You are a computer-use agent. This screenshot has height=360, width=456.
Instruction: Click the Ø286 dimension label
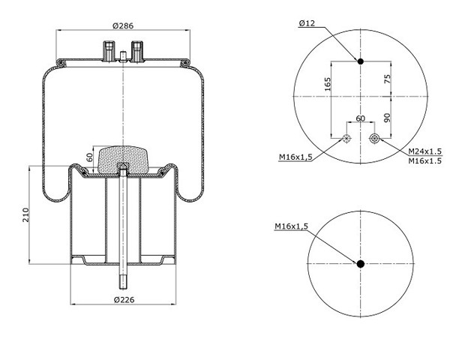tap(123, 26)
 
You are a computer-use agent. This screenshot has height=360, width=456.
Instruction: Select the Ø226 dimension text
tap(124, 299)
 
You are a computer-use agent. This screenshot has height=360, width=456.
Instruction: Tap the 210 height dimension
tap(26, 215)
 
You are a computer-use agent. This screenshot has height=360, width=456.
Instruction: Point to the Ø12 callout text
tap(307, 23)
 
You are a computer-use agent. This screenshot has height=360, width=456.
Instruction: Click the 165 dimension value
tap(328, 84)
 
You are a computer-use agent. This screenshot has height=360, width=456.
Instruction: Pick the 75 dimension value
tap(388, 79)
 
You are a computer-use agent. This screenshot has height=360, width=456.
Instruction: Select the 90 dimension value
tap(387, 118)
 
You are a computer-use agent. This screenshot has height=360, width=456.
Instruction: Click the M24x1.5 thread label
tap(425, 151)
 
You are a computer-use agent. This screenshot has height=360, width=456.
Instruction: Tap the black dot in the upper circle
tap(361, 61)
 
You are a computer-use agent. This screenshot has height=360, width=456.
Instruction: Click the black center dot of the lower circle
tap(361, 264)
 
